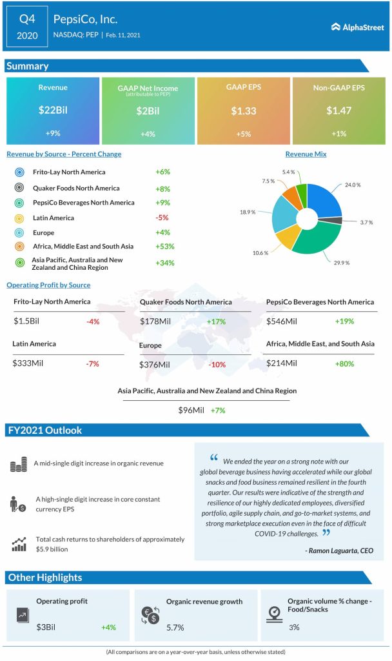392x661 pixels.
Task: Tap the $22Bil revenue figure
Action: [53, 110]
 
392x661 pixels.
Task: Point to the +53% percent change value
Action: [164, 247]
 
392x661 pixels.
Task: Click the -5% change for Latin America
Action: [162, 218]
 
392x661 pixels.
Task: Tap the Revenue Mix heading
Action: [306, 154]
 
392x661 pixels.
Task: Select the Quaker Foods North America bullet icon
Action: [19, 188]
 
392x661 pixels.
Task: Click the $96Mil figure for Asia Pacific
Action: [191, 410]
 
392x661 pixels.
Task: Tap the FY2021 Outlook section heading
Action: [44, 431]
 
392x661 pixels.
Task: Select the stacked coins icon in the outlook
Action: [19, 464]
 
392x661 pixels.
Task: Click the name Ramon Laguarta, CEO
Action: [338, 551]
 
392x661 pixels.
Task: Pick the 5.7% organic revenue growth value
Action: [175, 627]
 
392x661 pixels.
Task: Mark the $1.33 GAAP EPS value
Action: [243, 110]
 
